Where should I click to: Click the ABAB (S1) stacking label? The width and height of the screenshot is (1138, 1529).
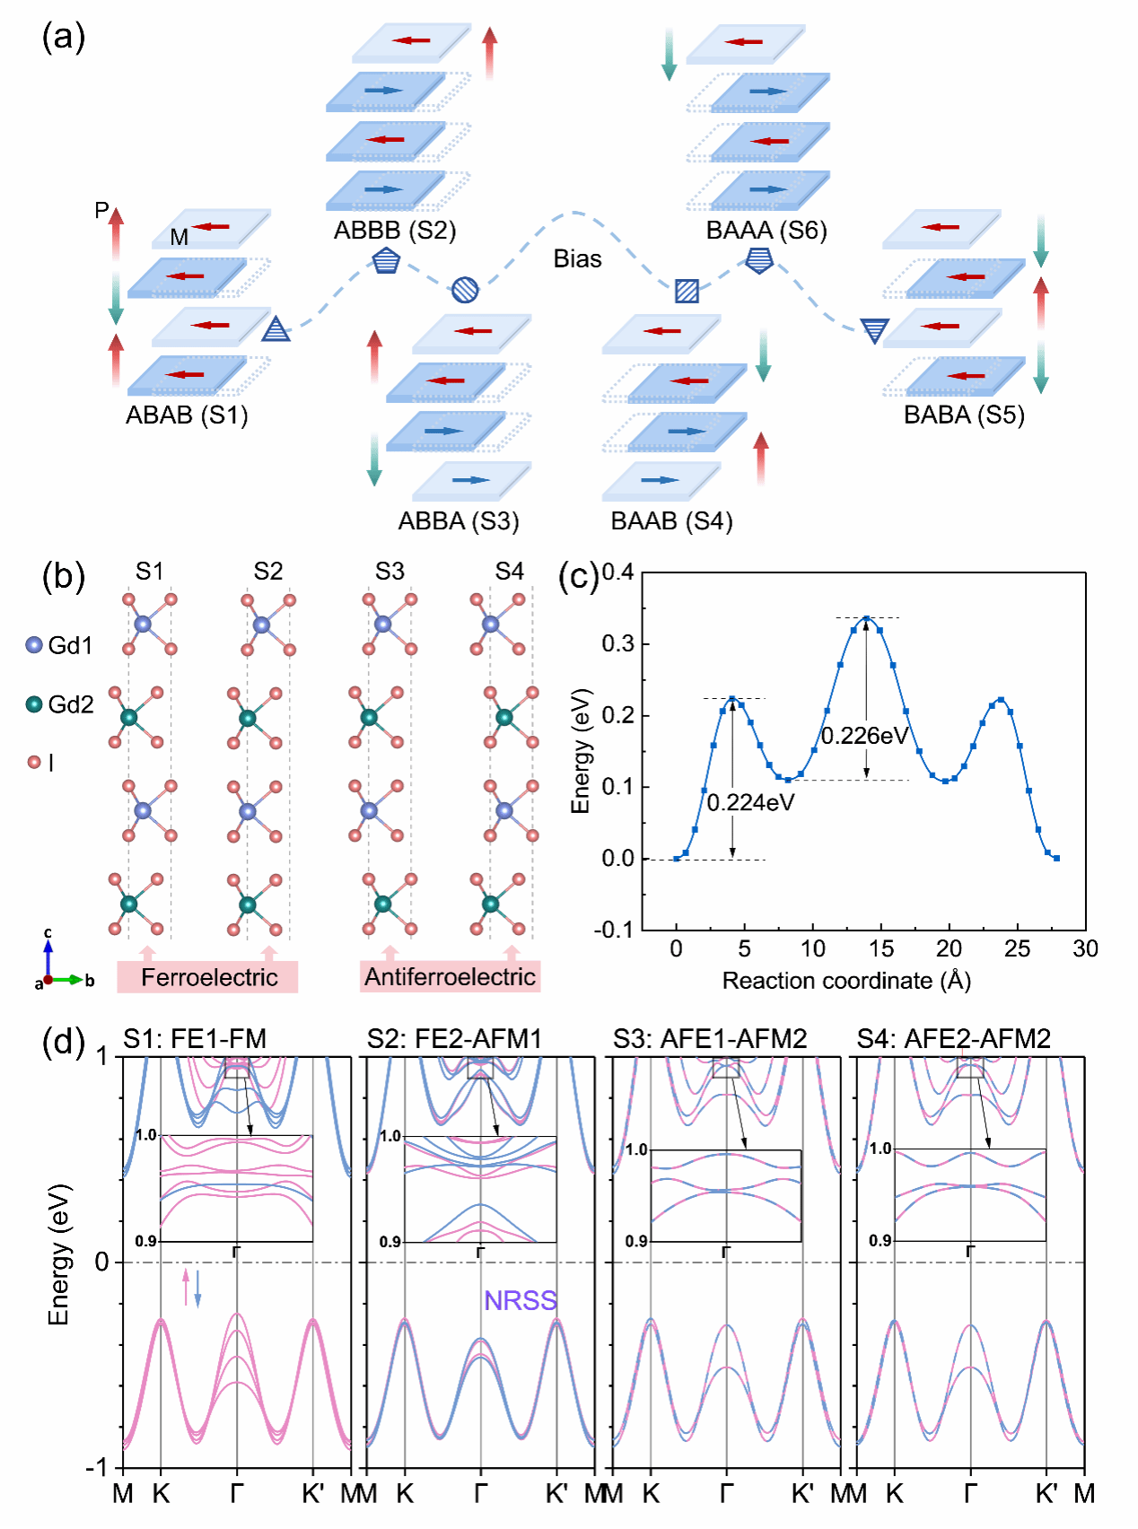click(187, 415)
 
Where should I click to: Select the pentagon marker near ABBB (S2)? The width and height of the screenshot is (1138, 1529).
click(386, 262)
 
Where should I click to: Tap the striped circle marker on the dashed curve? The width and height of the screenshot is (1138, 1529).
click(464, 289)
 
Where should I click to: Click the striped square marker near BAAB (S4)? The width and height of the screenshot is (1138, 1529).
click(687, 291)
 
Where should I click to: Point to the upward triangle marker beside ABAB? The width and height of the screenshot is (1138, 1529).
click(276, 330)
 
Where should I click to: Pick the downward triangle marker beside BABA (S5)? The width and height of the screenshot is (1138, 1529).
click(874, 330)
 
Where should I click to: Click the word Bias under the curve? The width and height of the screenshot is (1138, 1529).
click(577, 259)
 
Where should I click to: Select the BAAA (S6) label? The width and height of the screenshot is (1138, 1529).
click(766, 231)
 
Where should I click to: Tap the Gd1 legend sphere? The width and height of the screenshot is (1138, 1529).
click(34, 644)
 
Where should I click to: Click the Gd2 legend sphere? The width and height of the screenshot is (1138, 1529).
click(34, 704)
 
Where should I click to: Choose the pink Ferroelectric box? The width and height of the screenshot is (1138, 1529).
click(207, 977)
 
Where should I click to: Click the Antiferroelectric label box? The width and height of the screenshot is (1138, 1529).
click(450, 976)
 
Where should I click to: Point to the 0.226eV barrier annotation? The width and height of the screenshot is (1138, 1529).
click(865, 736)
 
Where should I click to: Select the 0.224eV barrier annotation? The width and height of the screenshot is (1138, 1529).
click(750, 802)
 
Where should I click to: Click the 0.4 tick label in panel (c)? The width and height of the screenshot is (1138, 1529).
click(617, 572)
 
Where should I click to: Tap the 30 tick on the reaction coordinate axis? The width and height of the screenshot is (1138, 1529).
click(1085, 948)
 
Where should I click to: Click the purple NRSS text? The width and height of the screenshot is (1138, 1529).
click(521, 1300)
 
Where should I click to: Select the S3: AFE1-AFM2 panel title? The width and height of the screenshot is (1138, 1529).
click(710, 1039)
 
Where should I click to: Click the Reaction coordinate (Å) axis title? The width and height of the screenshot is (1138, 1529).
click(846, 981)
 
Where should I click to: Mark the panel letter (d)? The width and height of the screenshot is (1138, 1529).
click(64, 1042)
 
